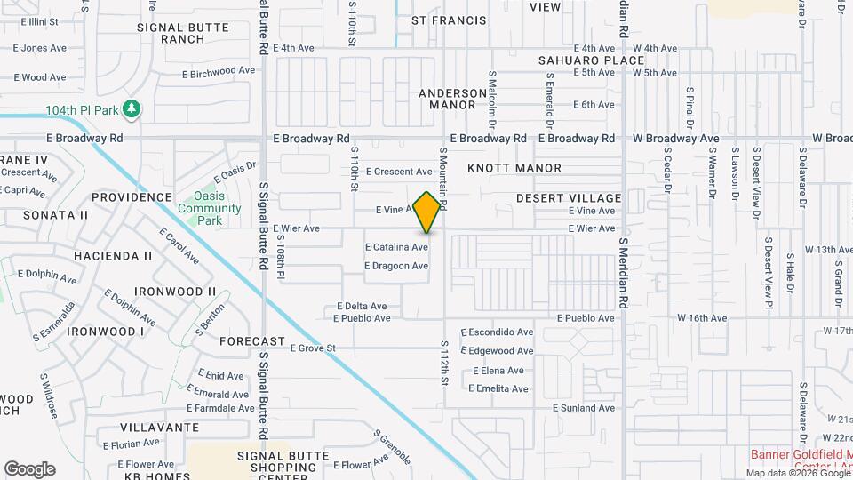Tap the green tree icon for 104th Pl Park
point(132,109)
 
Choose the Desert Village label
point(569,197)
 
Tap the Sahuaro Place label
point(590,60)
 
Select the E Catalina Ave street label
point(397,247)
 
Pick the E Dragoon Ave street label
point(397,266)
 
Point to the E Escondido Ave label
point(498,332)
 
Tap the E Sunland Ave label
point(584,408)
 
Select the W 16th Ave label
point(702,318)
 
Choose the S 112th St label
point(443,363)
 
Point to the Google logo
point(29,469)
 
